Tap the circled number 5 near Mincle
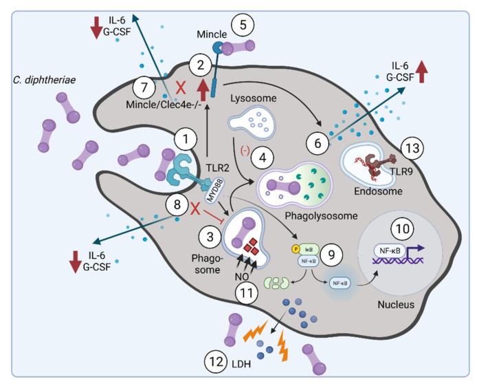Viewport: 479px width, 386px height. (x=245, y=25)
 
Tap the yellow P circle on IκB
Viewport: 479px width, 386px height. (x=295, y=246)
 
